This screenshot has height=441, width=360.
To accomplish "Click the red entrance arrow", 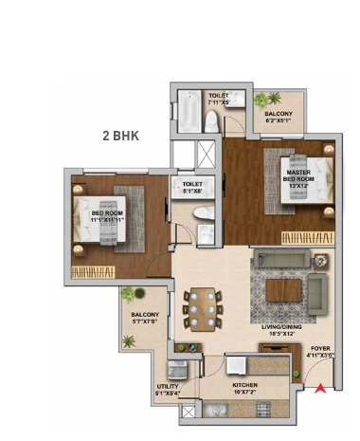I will click(x=321, y=387).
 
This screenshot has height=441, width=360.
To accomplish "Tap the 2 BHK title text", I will click(x=120, y=136).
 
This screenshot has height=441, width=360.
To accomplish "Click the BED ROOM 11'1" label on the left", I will click(x=110, y=214).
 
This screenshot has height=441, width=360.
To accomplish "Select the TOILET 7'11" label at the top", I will click(x=218, y=99).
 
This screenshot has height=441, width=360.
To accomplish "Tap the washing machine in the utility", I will click(x=176, y=371).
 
